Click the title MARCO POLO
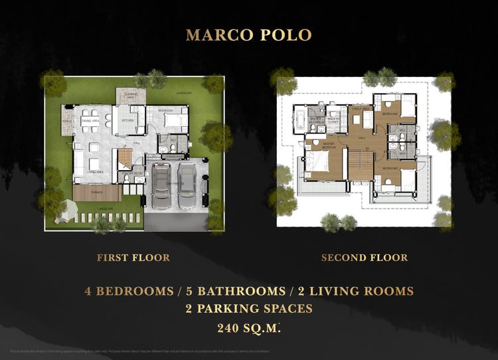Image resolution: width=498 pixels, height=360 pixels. [249, 35]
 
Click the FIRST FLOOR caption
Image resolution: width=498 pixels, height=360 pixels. [133, 258]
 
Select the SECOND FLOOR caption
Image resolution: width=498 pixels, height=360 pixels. [365, 258]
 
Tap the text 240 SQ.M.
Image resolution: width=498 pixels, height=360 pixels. [248, 327]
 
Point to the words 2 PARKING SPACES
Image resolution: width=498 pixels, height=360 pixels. [249, 309]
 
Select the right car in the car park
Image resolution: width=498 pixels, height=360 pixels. [187, 186]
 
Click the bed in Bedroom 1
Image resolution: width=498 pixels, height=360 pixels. [176, 122]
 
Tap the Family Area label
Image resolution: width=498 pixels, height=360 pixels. [362, 108]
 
